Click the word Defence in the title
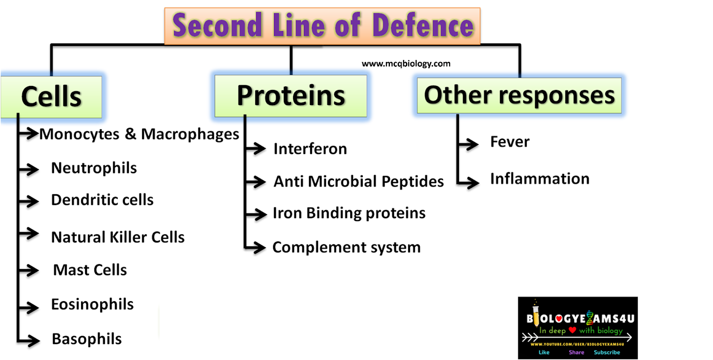(x=422, y=25)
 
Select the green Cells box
(x=51, y=97)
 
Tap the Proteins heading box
(x=291, y=95)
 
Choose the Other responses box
(x=519, y=95)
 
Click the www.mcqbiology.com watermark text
(x=406, y=64)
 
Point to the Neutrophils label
(x=94, y=168)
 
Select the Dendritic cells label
(x=102, y=200)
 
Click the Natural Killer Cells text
(x=118, y=237)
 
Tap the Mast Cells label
(x=90, y=270)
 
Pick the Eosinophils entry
(x=92, y=304)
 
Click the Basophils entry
(x=86, y=339)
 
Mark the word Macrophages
(x=190, y=134)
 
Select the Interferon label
(x=310, y=149)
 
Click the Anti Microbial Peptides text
(x=358, y=182)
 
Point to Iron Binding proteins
(x=349, y=213)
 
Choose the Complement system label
(x=346, y=247)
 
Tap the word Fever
(x=510, y=142)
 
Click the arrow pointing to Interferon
(x=256, y=148)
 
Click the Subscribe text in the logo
(x=606, y=352)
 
